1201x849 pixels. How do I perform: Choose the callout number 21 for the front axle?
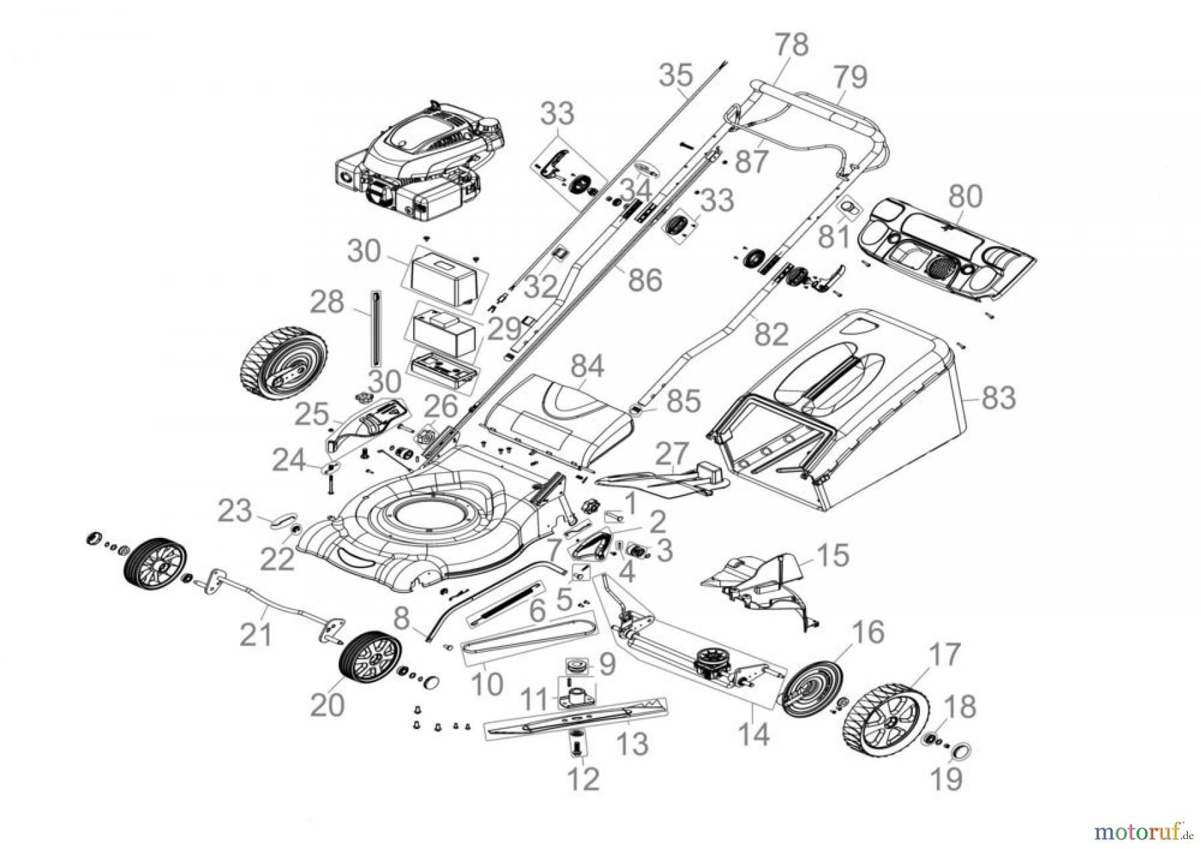pos(256,633)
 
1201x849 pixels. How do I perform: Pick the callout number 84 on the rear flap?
pos(586,366)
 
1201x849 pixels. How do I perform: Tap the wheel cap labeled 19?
pos(959,752)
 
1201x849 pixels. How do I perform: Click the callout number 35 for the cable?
pos(676,75)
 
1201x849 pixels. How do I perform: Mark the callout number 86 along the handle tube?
pos(644,280)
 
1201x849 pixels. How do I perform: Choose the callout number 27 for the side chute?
pos(672,455)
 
